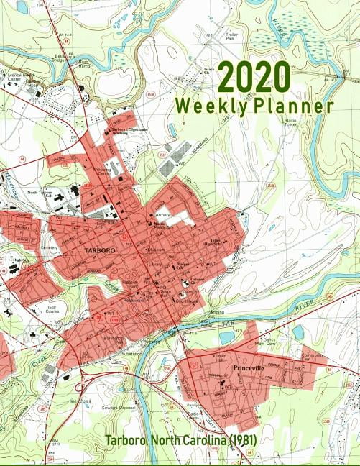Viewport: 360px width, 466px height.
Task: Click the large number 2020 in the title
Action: click(x=254, y=76)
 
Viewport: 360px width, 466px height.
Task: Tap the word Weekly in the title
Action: click(x=208, y=106)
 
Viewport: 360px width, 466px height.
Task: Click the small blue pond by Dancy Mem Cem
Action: click(x=298, y=332)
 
